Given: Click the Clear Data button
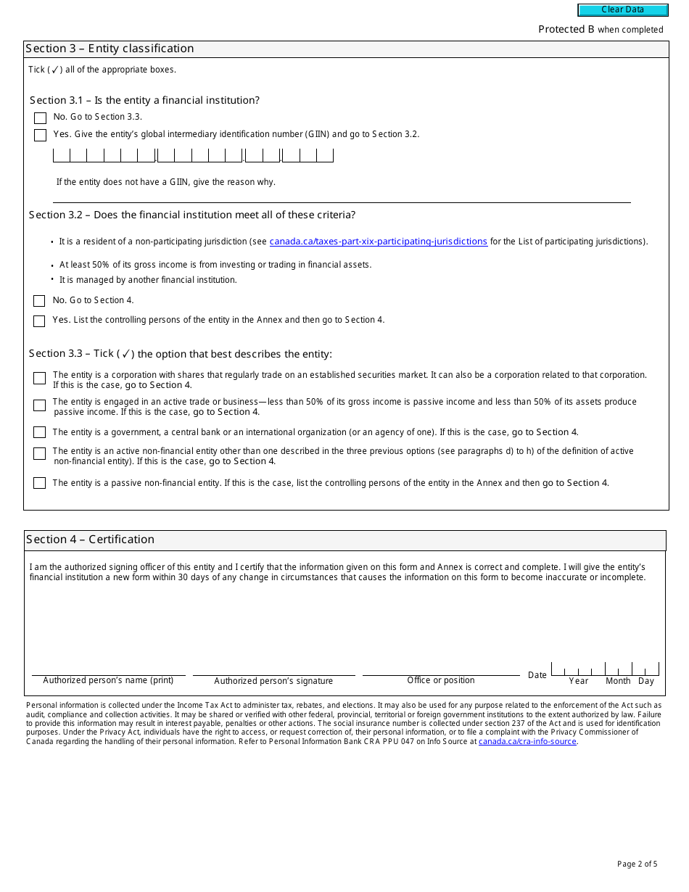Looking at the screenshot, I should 622,10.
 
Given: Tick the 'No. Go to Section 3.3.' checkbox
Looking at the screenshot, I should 40,117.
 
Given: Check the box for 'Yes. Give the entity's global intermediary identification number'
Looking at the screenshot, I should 40,135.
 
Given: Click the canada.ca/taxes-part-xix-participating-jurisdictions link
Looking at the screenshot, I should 378,241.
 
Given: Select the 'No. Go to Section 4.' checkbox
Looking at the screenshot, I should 39,301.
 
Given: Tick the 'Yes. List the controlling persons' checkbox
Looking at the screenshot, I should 39,321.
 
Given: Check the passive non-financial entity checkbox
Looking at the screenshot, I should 39,483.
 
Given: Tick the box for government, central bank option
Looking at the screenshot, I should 39,432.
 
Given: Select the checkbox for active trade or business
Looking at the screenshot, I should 39,405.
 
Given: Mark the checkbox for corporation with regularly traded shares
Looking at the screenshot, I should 39,378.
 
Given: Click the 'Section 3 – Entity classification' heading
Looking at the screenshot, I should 110,49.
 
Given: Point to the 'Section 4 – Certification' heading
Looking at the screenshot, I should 91,540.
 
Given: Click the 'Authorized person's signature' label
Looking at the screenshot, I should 273,681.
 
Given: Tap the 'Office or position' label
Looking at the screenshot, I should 441,680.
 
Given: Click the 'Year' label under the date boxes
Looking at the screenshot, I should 579,681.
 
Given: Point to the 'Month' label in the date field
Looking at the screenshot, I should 618,681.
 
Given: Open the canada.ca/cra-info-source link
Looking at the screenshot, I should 527,741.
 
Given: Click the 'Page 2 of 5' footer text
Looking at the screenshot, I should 637,864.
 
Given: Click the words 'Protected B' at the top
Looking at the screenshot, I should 566,30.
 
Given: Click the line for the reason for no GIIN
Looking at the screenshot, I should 341,197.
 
